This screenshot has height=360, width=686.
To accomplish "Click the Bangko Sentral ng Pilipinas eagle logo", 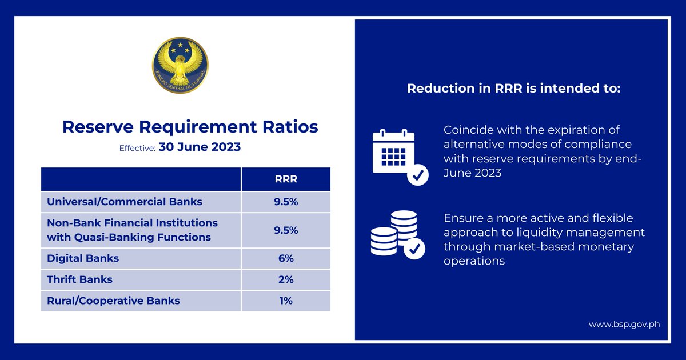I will click(x=180, y=67).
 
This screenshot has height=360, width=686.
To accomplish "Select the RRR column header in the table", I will click(x=286, y=179).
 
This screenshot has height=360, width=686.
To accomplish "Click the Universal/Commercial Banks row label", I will click(x=125, y=202).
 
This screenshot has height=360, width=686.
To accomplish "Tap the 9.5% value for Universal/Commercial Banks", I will click(x=286, y=202).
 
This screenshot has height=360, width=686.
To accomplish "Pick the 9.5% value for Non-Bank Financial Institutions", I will click(x=286, y=230).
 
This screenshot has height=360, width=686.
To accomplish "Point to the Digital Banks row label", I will click(x=83, y=258).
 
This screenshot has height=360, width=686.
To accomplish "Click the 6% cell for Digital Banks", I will click(x=286, y=258).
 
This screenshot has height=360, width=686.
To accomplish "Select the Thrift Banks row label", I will click(x=79, y=279).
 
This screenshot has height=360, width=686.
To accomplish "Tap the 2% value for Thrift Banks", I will click(x=286, y=279).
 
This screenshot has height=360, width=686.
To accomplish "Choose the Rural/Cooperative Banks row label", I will click(x=113, y=301).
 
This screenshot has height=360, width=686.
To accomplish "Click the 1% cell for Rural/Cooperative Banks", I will click(x=286, y=301).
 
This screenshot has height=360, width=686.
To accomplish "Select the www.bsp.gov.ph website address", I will click(x=624, y=324).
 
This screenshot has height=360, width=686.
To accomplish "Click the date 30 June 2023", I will click(x=200, y=147).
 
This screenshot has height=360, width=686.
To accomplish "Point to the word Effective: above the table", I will click(x=137, y=148).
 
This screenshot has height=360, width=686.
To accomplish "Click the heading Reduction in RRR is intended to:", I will click(x=513, y=89).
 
